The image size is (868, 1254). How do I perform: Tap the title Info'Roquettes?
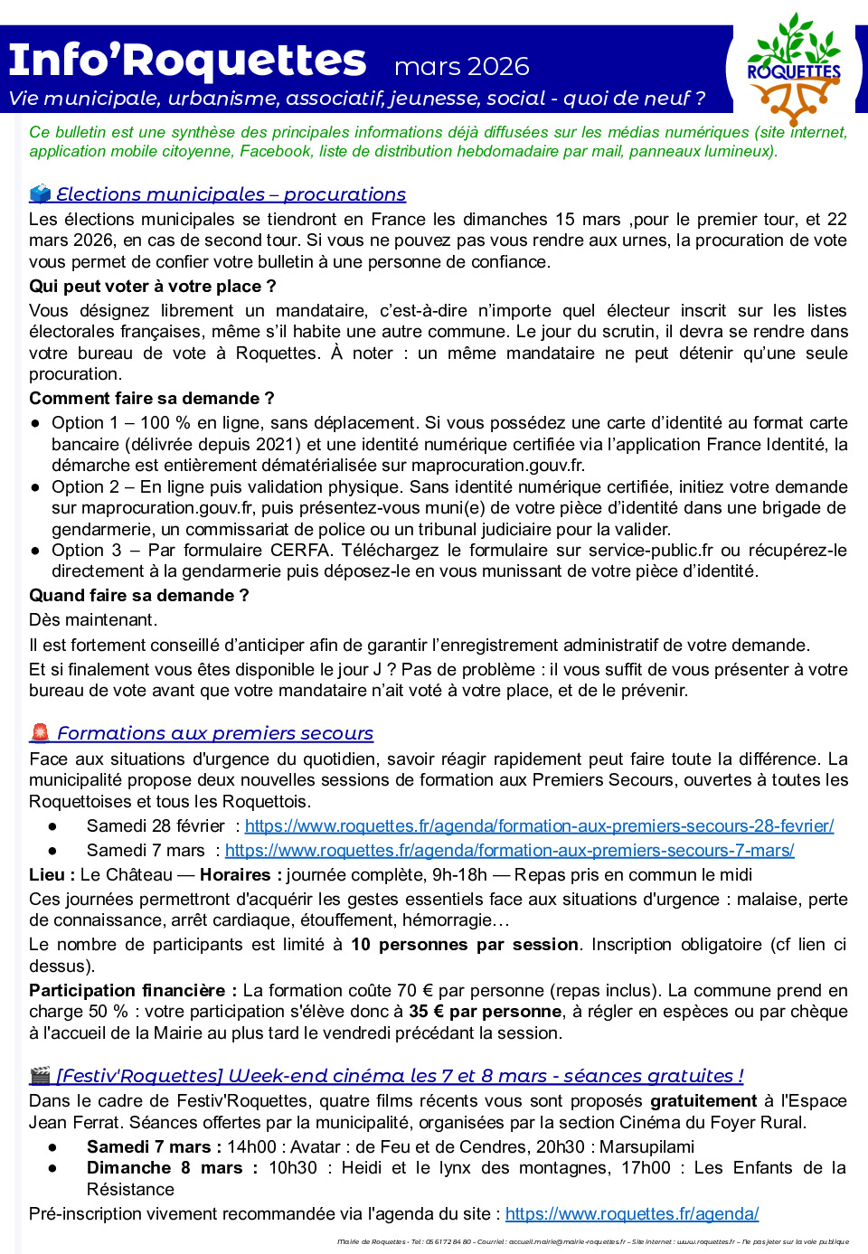187,61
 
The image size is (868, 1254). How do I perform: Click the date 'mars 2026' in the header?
461,66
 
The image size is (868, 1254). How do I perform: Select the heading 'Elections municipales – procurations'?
231,194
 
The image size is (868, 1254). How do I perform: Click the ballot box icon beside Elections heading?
40,193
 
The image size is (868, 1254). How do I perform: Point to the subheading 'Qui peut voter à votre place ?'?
153,287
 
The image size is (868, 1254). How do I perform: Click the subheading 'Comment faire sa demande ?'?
152,399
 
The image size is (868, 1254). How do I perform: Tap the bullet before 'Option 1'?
35,423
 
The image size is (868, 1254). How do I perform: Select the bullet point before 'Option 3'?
35,551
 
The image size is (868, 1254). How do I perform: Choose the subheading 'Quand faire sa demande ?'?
139,596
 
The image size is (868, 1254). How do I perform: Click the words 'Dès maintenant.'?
93,620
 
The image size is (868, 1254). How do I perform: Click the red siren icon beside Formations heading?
40,732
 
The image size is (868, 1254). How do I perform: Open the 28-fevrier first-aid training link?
539,825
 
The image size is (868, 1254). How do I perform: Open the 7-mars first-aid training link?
509,851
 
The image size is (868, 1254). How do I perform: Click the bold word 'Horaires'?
235,875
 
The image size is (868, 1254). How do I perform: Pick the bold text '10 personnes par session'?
464,945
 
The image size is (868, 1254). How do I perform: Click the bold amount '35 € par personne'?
485,1012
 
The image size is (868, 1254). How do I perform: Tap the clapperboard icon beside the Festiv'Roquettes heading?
40,1076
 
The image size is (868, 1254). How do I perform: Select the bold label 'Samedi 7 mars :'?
154,1147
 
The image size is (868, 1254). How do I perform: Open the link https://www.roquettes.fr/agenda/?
631,1214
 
